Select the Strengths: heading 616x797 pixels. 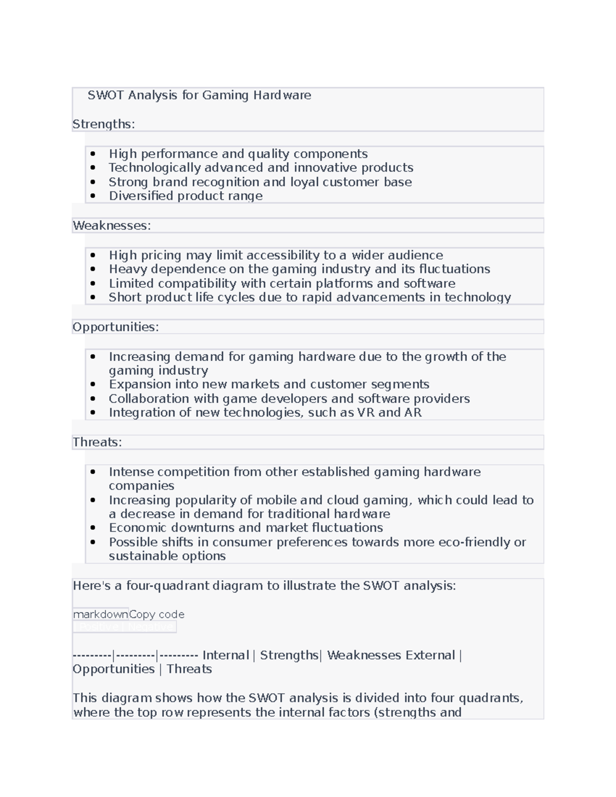pyautogui.click(x=104, y=124)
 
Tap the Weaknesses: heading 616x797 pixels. pyautogui.click(x=112, y=226)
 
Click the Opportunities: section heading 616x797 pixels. pyautogui.click(x=115, y=327)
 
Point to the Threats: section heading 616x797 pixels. pyautogui.click(x=97, y=442)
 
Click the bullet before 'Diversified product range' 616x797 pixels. pyautogui.click(x=93, y=196)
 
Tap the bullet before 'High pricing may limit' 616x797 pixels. pyautogui.click(x=93, y=256)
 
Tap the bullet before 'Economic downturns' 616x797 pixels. pyautogui.click(x=93, y=528)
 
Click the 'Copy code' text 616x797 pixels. pyautogui.click(x=157, y=614)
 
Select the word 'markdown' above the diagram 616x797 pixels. pyautogui.click(x=101, y=614)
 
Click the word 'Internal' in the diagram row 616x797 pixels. pyautogui.click(x=225, y=655)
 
